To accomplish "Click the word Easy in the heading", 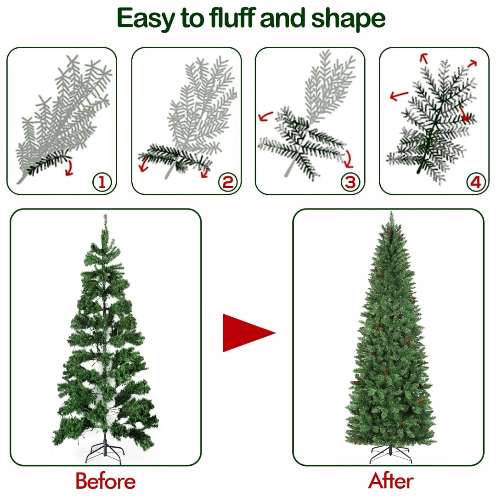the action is point(146,19).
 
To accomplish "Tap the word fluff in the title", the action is point(232,18).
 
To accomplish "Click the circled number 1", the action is point(102,182).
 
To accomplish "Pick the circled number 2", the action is point(228,182).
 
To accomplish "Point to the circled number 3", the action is point(350,182).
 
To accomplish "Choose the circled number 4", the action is point(476,182).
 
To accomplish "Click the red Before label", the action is point(106,481).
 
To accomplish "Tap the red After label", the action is point(391,481).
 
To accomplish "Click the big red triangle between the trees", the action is point(243,333).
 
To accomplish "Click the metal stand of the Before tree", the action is point(105,452).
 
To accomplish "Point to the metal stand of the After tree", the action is point(391,454).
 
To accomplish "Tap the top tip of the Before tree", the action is point(105,214).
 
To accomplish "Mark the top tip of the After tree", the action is point(391,212).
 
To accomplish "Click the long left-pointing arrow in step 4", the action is point(399,95).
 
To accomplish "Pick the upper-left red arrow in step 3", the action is point(265,116).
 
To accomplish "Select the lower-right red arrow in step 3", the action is point(349,159).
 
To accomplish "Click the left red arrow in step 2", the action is point(144,164).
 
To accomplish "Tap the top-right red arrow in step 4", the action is point(472,63).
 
